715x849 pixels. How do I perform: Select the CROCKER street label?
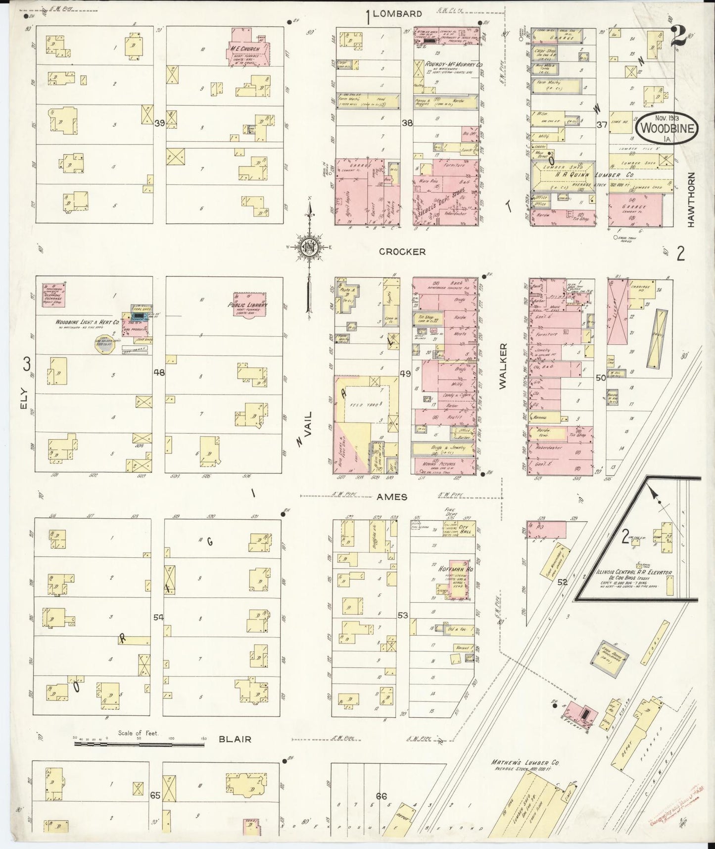pos(402,252)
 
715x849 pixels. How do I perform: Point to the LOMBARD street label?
pos(397,14)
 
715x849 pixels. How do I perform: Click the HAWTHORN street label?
pos(691,200)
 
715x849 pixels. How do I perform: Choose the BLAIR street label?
pos(235,739)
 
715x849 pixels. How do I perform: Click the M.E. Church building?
pos(247,52)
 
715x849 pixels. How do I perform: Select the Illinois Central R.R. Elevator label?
pos(635,572)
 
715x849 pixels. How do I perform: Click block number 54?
pos(158,617)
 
